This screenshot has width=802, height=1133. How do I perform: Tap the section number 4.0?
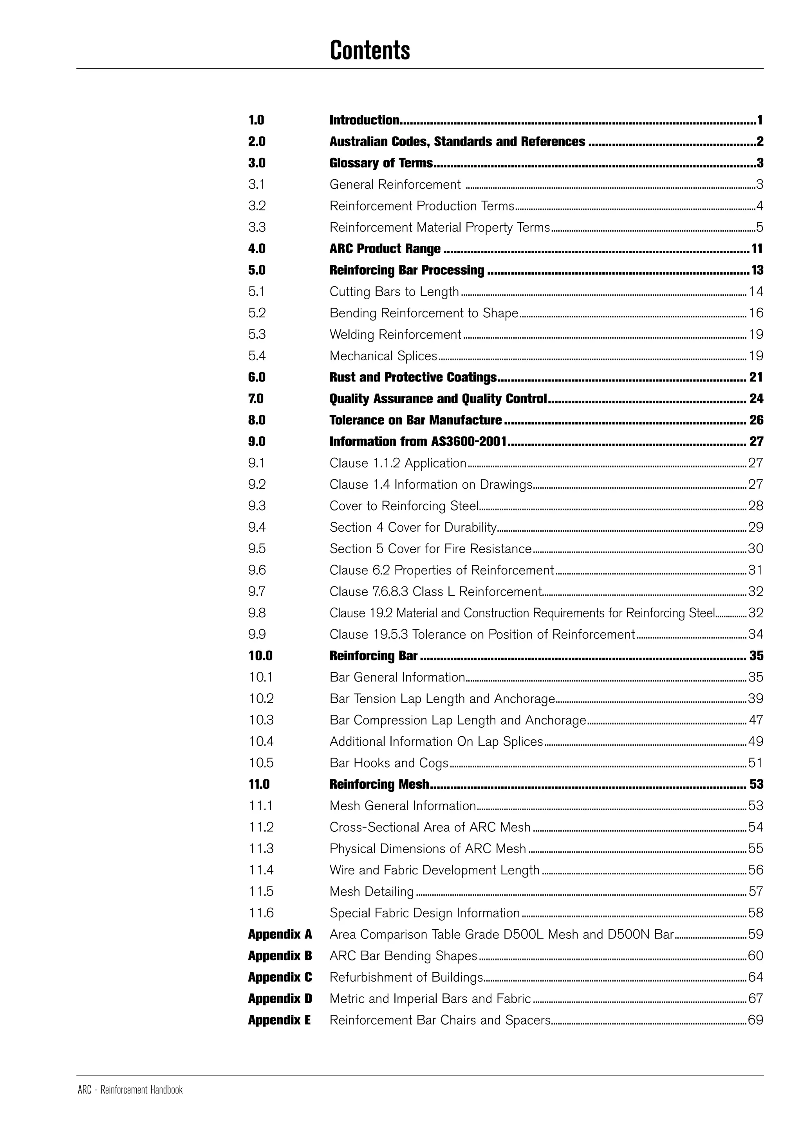(257, 249)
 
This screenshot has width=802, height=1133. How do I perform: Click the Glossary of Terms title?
(381, 163)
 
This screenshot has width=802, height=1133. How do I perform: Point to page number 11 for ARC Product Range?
(757, 249)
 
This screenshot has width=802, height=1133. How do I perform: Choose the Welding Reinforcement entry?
(395, 335)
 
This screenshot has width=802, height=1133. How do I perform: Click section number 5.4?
(257, 356)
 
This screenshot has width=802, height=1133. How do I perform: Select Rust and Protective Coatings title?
(413, 378)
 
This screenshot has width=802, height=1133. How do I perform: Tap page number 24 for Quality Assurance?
(756, 399)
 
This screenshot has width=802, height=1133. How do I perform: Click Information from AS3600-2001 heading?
(418, 442)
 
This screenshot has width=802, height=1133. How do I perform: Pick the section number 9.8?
(257, 613)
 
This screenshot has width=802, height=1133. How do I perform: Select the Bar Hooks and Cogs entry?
(388, 763)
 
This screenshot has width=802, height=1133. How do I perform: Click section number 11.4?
(261, 870)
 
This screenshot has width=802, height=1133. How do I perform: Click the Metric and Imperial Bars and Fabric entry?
(430, 999)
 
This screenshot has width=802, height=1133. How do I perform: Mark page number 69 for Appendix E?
(755, 1020)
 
